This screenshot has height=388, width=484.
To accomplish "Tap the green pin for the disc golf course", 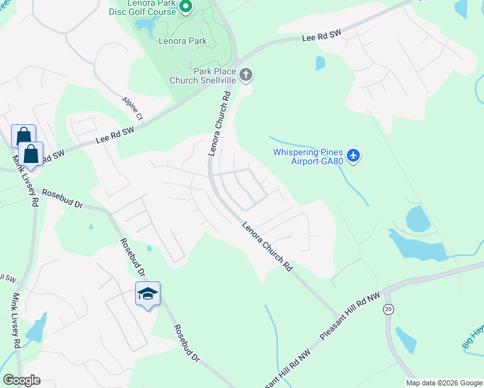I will (185, 7).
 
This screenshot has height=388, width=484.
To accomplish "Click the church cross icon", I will (245, 75).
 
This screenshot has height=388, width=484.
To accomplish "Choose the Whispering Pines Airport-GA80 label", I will (307, 156).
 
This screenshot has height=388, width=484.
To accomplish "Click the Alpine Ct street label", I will (132, 109).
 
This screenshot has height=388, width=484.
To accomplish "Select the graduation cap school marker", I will (148, 294).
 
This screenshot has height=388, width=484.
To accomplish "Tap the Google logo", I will (21, 380).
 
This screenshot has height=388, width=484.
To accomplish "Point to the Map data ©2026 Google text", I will (443, 383).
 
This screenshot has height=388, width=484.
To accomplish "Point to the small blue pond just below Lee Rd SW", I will (320, 63).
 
